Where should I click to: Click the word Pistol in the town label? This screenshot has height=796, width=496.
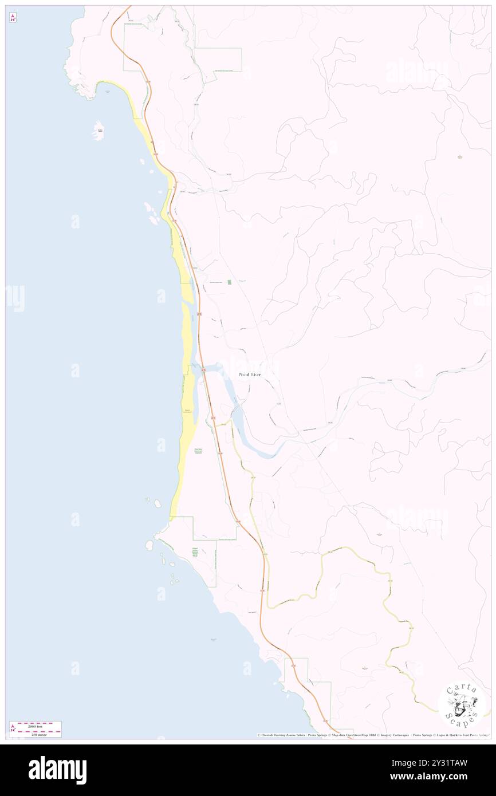coord(245,375)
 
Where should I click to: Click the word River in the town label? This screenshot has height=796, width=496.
coord(255,375)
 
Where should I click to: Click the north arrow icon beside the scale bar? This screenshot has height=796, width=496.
coord(13,729)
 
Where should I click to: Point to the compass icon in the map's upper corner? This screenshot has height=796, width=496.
coord(13,18)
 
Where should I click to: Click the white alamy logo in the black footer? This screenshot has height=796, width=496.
coord(57,770)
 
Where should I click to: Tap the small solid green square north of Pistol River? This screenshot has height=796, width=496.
coord(230,282)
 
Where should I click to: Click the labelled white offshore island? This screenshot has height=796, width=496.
coord(99,131)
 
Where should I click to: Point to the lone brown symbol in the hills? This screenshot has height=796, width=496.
coord(459,156)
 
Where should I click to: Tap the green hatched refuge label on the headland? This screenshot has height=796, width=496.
coord(195,553)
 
